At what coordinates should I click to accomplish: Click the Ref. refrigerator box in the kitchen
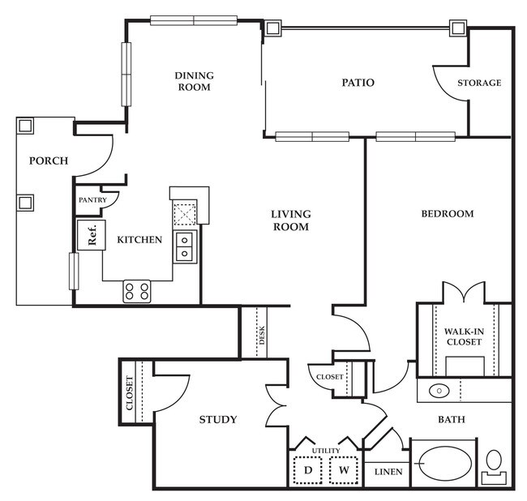[x=92, y=235]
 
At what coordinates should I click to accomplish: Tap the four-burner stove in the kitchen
[x=137, y=291]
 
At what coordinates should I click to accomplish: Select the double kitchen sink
[x=185, y=246]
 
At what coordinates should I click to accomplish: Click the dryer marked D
[x=308, y=470]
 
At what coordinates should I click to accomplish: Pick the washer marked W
[x=344, y=470]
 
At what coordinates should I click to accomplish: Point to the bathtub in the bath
[x=444, y=464]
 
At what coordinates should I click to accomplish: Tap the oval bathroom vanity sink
[x=439, y=391]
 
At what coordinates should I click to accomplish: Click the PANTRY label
[x=92, y=200]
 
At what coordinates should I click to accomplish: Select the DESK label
[x=262, y=335]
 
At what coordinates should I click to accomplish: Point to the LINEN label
[x=388, y=472]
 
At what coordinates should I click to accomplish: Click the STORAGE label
[x=479, y=83]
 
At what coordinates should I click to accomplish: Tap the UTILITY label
[x=326, y=451]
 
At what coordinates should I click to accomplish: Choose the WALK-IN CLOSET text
[x=464, y=336]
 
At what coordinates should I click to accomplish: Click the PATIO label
[x=358, y=83]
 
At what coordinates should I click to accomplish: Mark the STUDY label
[x=218, y=419]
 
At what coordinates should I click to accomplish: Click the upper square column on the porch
[x=25, y=126]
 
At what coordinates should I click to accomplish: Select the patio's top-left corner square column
[x=272, y=28]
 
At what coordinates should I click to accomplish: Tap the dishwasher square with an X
[x=185, y=214]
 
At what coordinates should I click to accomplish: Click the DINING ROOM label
[x=194, y=81]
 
